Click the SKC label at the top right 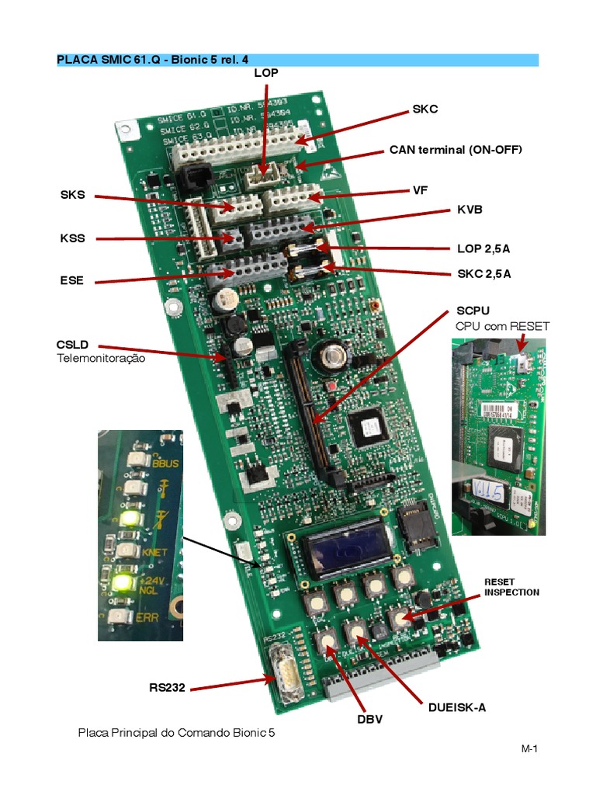point(424,109)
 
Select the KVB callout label point(470,210)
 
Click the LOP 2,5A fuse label point(483,249)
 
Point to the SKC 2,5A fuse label point(483,274)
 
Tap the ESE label point(71,281)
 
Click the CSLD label point(72,344)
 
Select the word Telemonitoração point(100,359)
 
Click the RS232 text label point(167,687)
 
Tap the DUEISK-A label point(457,707)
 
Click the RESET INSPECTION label point(511,587)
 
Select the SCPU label point(473,311)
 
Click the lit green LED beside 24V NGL point(121,581)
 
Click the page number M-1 point(529,749)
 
